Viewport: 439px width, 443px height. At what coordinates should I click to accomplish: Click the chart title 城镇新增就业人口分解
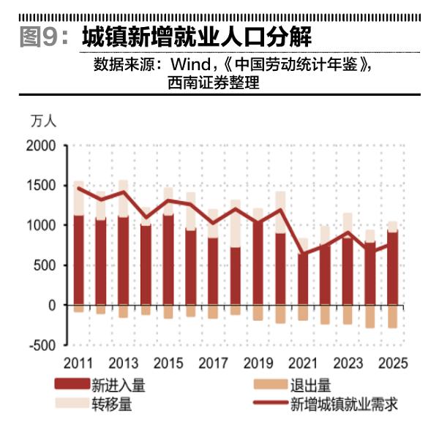point(197,36)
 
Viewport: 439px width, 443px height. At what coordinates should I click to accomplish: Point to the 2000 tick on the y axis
point(41,146)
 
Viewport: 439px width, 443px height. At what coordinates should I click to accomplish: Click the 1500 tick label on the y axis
point(41,186)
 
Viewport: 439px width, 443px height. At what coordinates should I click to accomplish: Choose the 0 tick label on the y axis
point(52,305)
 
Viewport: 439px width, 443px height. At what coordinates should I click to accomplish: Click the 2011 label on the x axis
point(78,363)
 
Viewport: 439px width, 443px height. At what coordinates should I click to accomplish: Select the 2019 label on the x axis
point(258,363)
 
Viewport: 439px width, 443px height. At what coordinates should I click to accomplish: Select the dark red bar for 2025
point(392,268)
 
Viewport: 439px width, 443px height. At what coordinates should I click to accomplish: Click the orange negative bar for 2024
point(369,317)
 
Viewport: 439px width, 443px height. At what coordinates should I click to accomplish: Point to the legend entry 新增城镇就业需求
point(344,403)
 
